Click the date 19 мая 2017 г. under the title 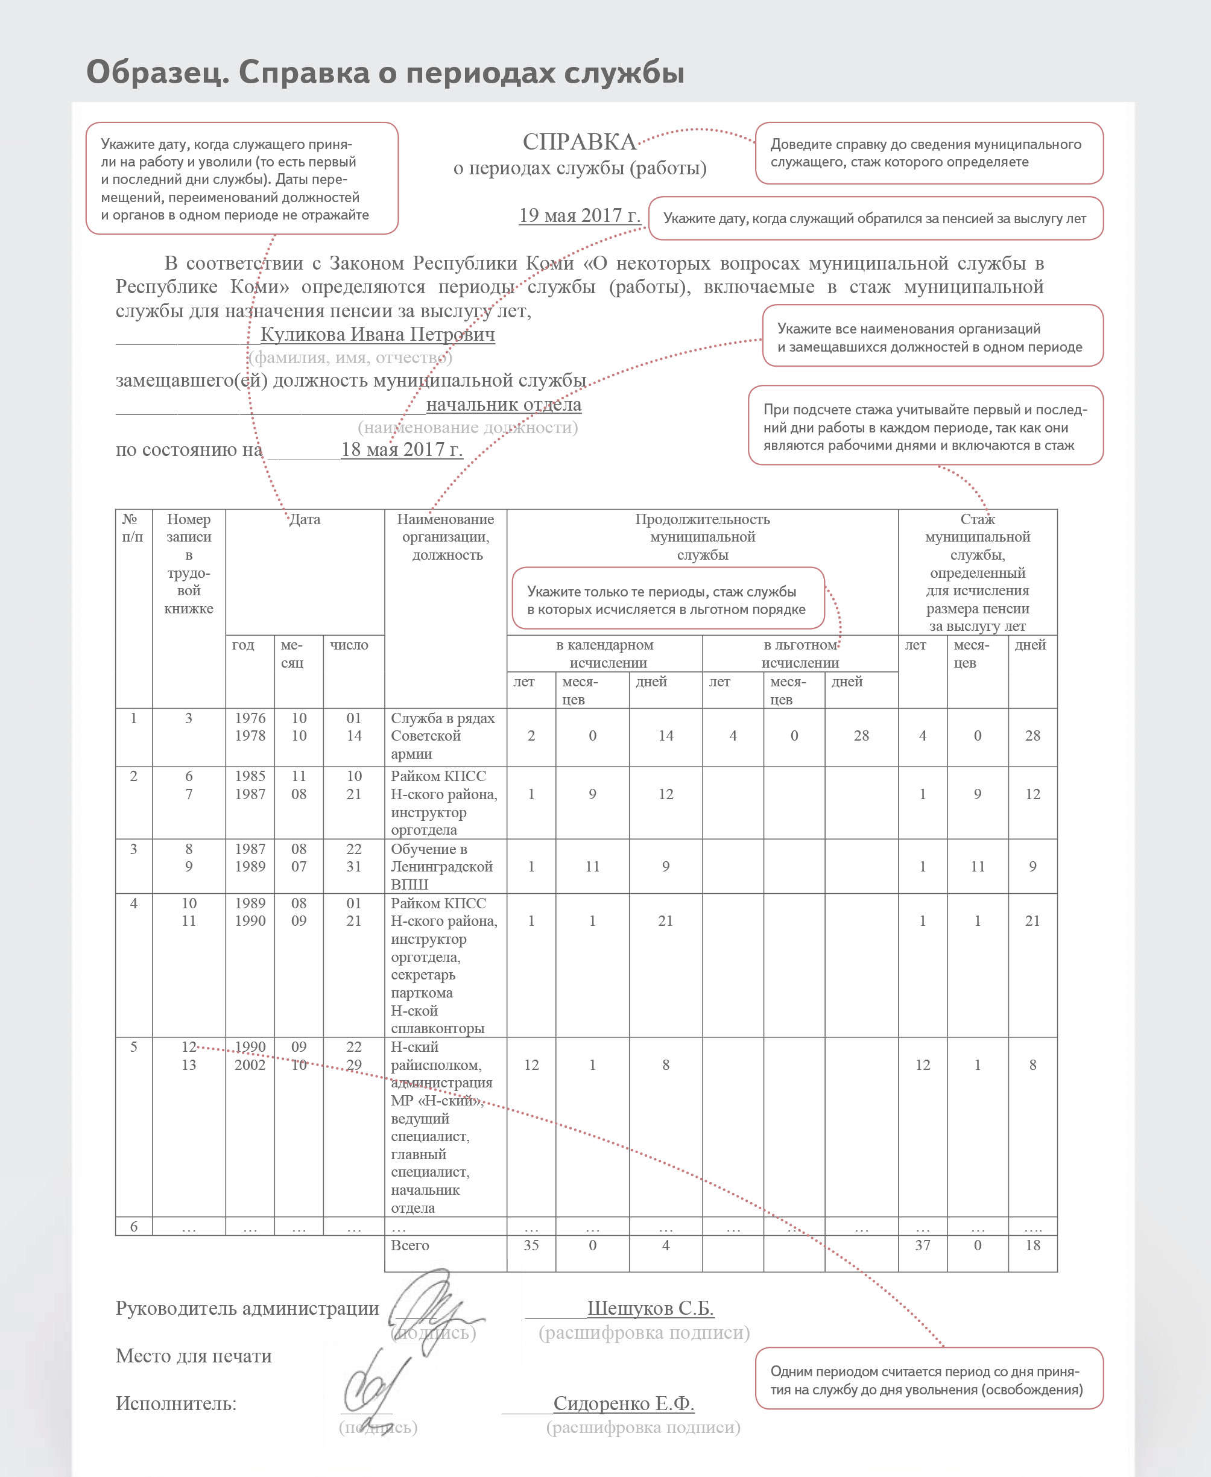pos(579,215)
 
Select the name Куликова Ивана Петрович pos(378,334)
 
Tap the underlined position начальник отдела pos(504,405)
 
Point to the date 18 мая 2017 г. pos(401,449)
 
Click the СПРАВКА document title pos(579,142)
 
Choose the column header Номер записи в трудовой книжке pos(188,564)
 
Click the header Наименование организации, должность pos(446,537)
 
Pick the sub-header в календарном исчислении pos(605,654)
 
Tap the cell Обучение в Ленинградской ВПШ pos(441,867)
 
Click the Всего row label pos(409,1245)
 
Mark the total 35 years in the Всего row pos(531,1245)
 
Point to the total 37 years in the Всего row pos(922,1245)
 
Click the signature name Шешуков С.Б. pos(650,1308)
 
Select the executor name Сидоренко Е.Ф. pos(624,1404)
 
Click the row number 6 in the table pos(133,1227)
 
